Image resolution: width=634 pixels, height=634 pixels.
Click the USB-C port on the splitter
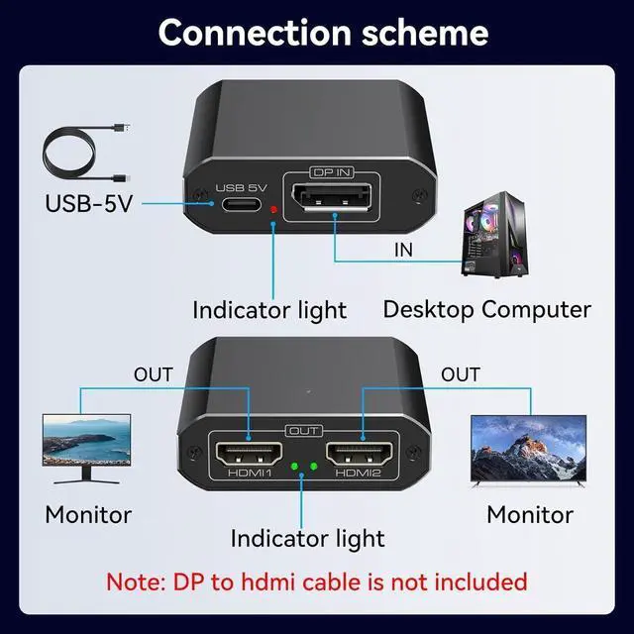[242, 206]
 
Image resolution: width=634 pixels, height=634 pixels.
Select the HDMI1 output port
[251, 457]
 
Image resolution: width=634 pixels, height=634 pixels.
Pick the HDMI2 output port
[363, 457]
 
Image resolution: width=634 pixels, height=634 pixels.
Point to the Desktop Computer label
[486, 309]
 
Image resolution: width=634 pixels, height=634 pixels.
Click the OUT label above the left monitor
[154, 374]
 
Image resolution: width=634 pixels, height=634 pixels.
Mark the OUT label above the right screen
[460, 374]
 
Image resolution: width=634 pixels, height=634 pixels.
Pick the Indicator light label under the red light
[269, 310]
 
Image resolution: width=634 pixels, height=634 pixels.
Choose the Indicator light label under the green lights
[307, 539]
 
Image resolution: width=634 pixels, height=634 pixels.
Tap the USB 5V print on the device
[242, 187]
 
